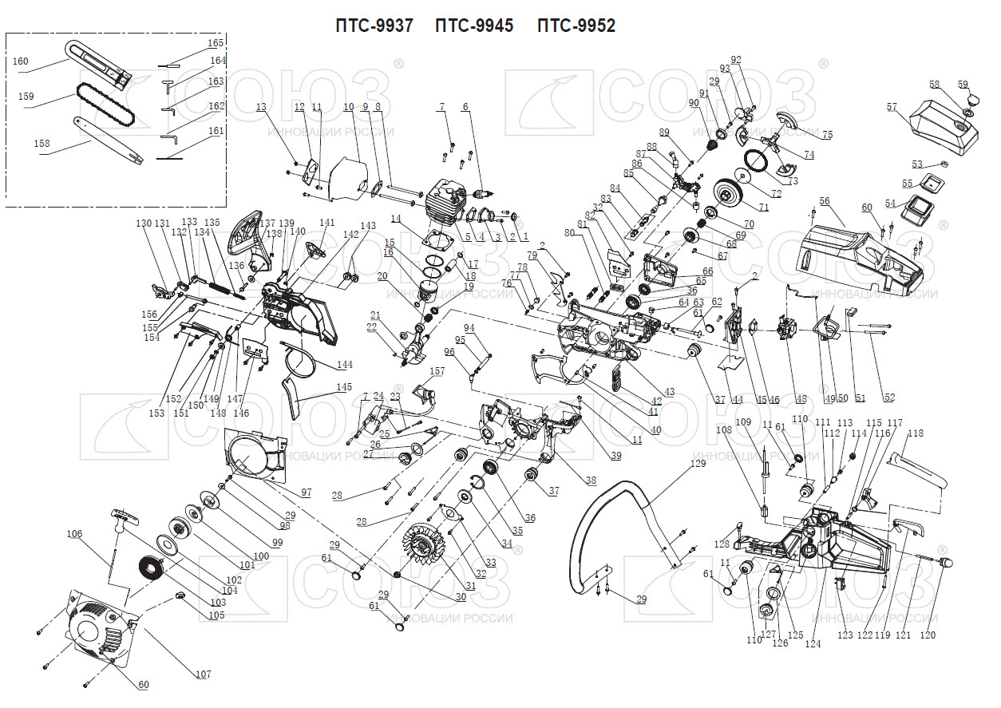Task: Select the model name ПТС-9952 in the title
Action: pyautogui.click(x=576, y=26)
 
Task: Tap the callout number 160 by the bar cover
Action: pyautogui.click(x=21, y=61)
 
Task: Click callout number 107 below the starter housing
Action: pyautogui.click(x=204, y=674)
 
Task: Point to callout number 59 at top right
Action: pyautogui.click(x=963, y=85)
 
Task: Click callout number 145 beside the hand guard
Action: pyautogui.click(x=344, y=387)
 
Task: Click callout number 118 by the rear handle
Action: pyautogui.click(x=915, y=433)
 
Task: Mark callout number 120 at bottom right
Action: pyautogui.click(x=928, y=635)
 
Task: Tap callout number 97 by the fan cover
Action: pyautogui.click(x=306, y=492)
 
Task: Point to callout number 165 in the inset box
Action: pyautogui.click(x=216, y=43)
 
